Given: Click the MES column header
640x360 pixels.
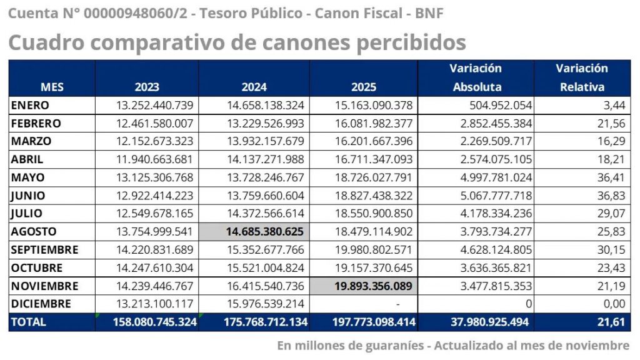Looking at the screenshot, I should (52, 87).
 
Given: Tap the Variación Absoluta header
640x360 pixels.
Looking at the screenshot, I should (476, 77).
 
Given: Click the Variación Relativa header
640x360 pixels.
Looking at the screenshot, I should (581, 77).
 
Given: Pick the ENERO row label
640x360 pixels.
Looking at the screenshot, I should (30, 105).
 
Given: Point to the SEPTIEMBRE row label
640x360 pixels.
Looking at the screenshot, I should (45, 249).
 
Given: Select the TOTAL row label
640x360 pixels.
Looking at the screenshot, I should (29, 322).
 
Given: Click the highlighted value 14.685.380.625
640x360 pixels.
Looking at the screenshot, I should (265, 231).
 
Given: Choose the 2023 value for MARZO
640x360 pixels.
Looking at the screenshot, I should (155, 141).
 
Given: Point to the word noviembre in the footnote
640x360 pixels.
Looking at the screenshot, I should (599, 345).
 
